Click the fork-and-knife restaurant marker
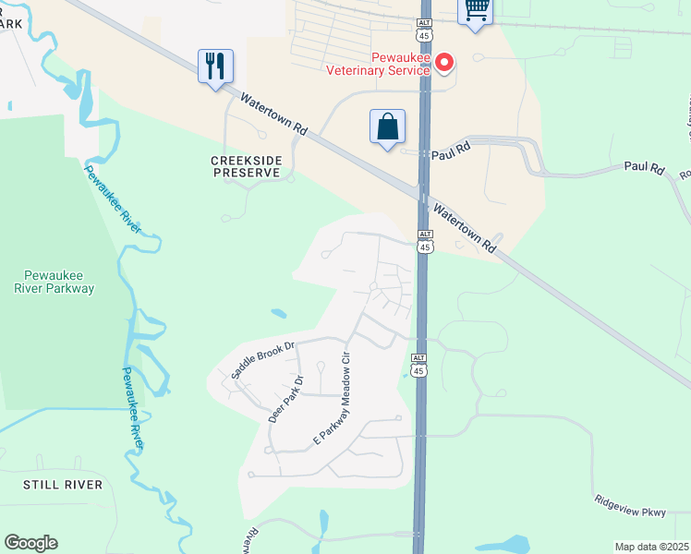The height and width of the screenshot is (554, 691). click(215, 66)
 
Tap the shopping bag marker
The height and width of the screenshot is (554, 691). click(388, 126)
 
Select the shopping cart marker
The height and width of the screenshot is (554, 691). click(476, 10)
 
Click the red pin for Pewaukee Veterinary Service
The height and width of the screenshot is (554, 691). click(444, 63)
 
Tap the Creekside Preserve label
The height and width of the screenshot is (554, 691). click(245, 166)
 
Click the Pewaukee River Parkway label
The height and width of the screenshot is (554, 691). click(59, 281)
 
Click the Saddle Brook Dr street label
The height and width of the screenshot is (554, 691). click(262, 359)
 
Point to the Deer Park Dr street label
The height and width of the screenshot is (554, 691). click(285, 399)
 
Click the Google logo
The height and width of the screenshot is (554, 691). click(30, 543)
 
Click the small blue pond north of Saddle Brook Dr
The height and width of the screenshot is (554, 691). click(277, 314)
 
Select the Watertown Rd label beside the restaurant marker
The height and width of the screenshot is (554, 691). click(273, 115)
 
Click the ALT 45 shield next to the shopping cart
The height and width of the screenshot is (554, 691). click(424, 28)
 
